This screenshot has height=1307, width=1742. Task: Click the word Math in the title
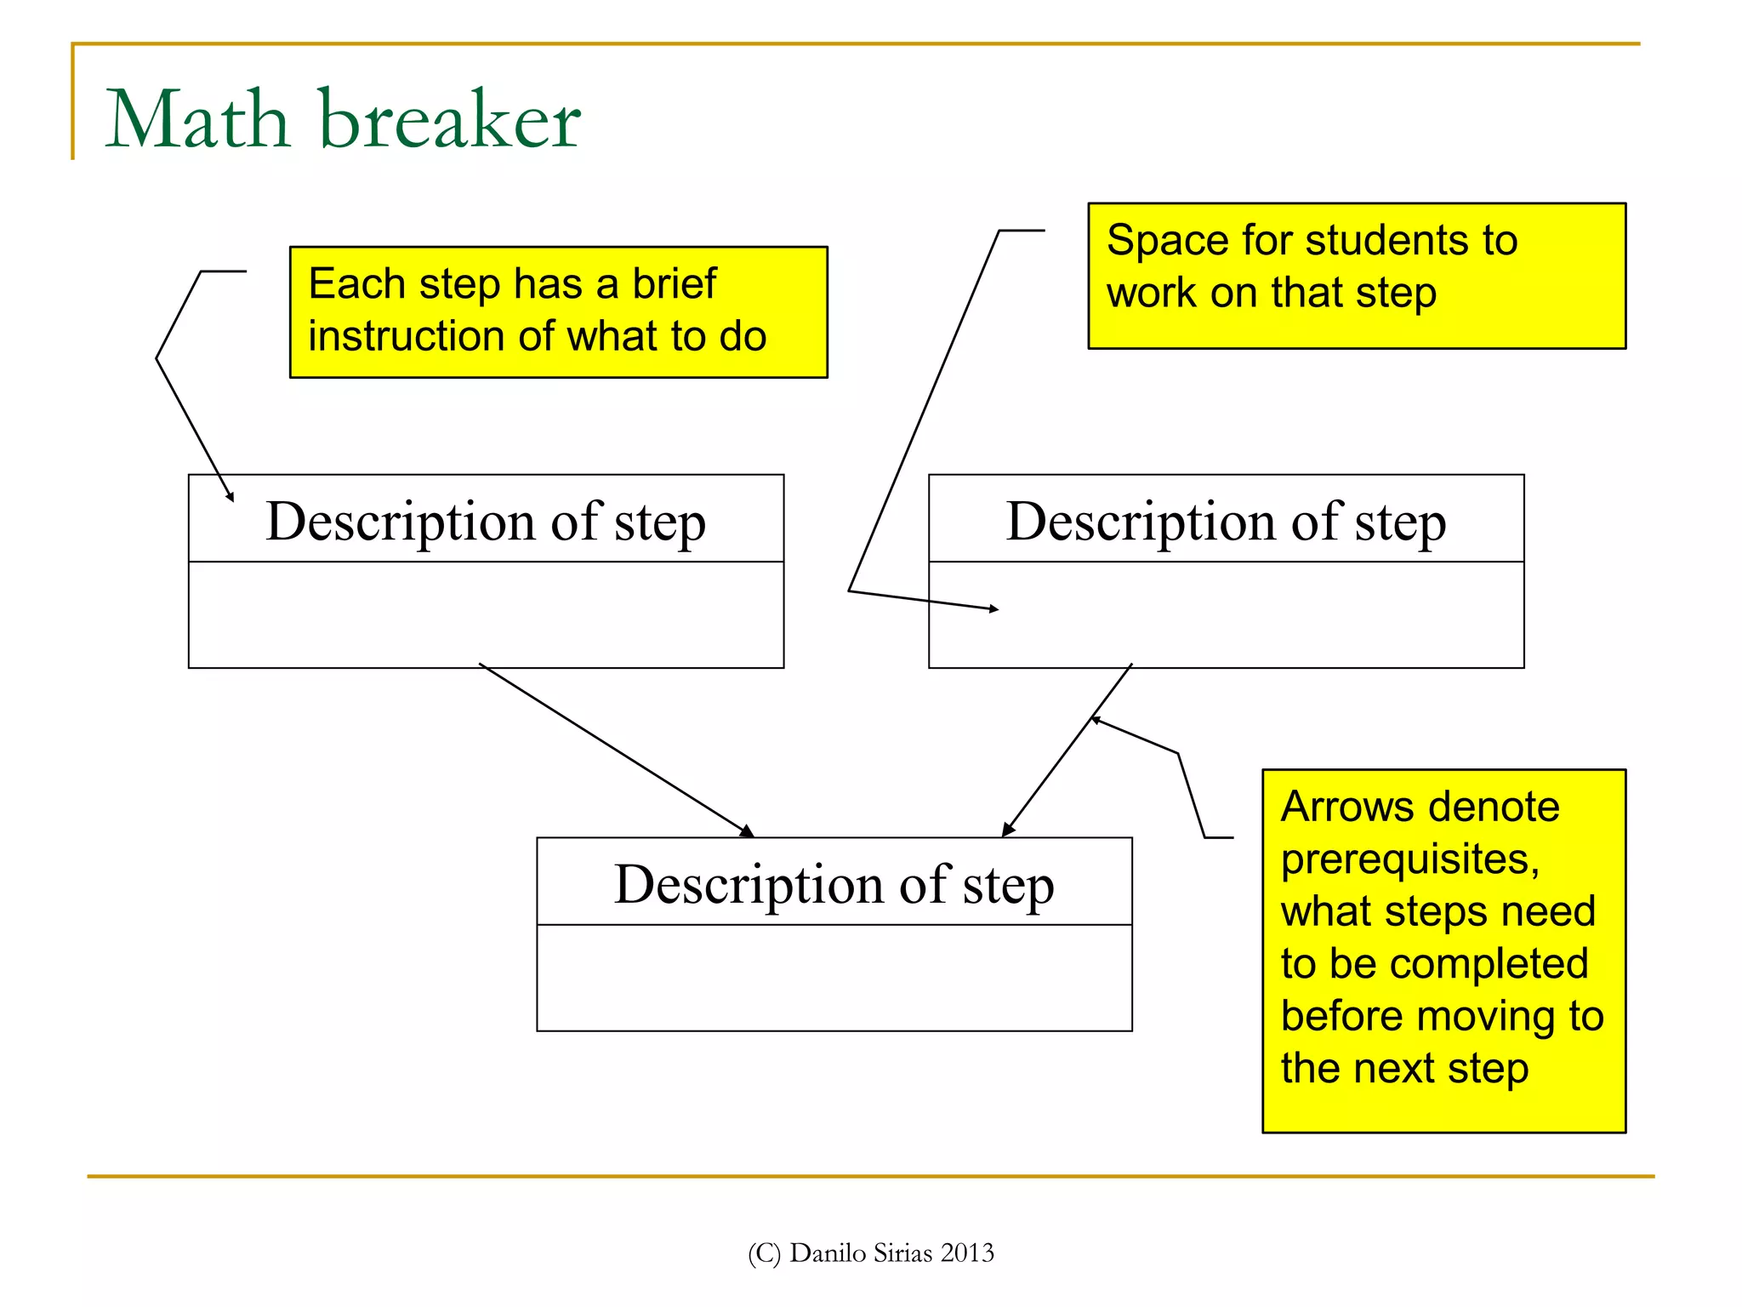point(197,120)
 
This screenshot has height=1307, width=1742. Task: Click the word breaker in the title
point(450,120)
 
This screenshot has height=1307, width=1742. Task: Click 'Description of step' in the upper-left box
point(486,521)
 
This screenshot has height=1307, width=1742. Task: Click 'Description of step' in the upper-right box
point(1226,521)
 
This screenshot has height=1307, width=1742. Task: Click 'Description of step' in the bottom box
point(834,884)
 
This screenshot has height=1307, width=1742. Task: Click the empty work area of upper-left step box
point(486,614)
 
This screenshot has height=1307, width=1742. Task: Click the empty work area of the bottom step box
point(834,979)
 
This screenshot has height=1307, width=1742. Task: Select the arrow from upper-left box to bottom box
point(617,750)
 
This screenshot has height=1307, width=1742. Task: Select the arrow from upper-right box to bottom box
point(1067,751)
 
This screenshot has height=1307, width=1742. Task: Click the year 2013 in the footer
point(967,1253)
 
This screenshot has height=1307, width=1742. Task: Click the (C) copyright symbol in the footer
point(764,1253)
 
